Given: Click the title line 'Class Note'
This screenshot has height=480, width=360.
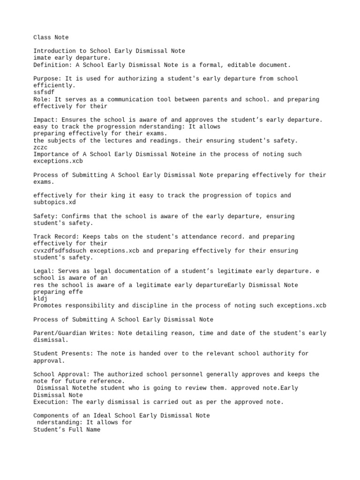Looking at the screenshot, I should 51,37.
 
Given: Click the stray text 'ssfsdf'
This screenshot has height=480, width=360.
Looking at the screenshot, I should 44,92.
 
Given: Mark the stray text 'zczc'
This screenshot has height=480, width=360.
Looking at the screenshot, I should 40,147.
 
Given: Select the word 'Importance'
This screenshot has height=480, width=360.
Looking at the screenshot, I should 51,154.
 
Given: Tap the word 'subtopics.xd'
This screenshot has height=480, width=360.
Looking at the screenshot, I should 54,202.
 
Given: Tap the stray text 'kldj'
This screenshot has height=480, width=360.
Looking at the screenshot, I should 40,299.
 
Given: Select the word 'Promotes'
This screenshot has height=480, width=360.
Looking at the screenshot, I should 47,306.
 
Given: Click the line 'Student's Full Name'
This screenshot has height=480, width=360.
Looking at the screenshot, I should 67,429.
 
